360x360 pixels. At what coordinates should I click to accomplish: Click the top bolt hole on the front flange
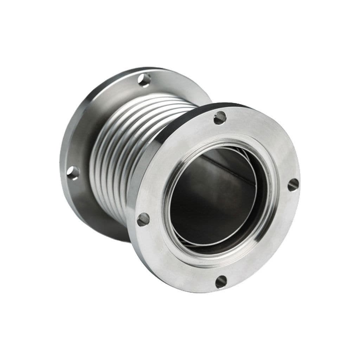point(220,118)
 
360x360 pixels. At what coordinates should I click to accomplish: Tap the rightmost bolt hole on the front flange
point(293,185)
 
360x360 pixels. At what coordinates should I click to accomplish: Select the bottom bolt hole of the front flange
point(221,281)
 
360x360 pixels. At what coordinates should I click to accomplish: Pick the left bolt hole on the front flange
point(143,219)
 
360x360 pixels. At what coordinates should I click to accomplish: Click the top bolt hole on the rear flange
point(144,80)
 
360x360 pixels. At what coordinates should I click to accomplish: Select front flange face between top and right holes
point(267,141)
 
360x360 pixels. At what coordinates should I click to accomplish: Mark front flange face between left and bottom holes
point(169,260)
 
